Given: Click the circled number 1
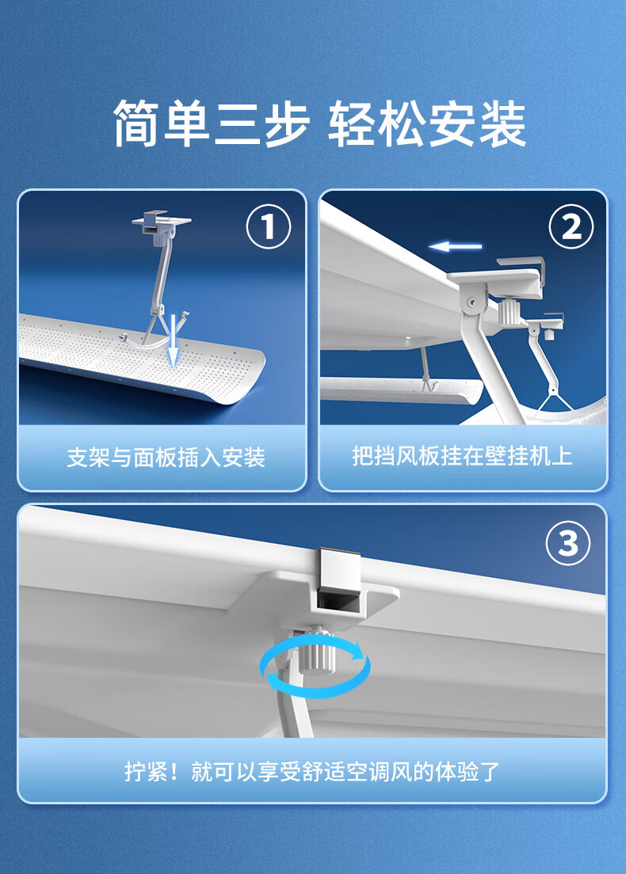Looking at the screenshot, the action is point(269,227).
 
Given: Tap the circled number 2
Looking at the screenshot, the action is point(571,227).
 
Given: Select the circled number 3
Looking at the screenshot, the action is point(568,543).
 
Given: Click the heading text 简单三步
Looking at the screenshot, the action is point(212,123).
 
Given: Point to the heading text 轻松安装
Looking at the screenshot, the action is point(427,123).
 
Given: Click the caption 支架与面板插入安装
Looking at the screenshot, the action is point(166,458).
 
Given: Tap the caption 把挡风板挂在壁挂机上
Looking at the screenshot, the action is point(463,456).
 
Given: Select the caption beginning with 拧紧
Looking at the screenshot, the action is point(312,772).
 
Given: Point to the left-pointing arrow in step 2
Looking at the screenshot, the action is point(455,245).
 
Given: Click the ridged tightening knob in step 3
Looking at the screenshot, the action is point(318,652).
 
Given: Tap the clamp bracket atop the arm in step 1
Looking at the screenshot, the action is point(161,223).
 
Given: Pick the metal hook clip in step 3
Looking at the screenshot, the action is point(338,568).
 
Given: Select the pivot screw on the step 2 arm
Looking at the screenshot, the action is point(472,302).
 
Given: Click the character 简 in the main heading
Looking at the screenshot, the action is point(137,123).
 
